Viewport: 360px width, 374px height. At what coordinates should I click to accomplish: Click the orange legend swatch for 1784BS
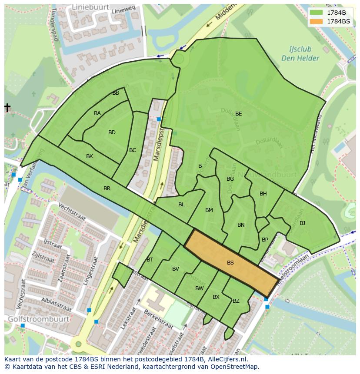[317, 21]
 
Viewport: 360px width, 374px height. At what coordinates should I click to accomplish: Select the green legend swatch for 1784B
[317, 13]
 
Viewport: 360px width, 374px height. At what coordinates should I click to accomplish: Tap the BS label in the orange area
[230, 263]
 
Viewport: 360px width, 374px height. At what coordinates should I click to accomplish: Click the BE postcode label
[238, 114]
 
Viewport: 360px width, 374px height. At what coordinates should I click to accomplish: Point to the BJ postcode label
[302, 223]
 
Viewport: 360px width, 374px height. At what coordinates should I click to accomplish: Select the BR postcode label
[107, 189]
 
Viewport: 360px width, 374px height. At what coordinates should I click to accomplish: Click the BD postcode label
[112, 132]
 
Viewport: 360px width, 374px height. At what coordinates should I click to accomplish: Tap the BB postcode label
[116, 93]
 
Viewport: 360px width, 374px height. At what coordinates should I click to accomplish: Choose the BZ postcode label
[236, 301]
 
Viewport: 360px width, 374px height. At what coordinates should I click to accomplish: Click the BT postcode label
[150, 260]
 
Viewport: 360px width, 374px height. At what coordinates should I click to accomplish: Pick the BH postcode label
[263, 194]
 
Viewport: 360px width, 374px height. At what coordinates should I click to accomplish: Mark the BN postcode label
[241, 225]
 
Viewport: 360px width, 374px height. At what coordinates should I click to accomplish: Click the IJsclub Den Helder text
[300, 54]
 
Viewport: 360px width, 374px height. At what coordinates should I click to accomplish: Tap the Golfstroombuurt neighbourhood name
[38, 319]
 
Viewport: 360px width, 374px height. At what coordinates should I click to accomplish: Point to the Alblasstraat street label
[56, 304]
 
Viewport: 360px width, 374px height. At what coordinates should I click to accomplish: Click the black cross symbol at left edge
[7, 107]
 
